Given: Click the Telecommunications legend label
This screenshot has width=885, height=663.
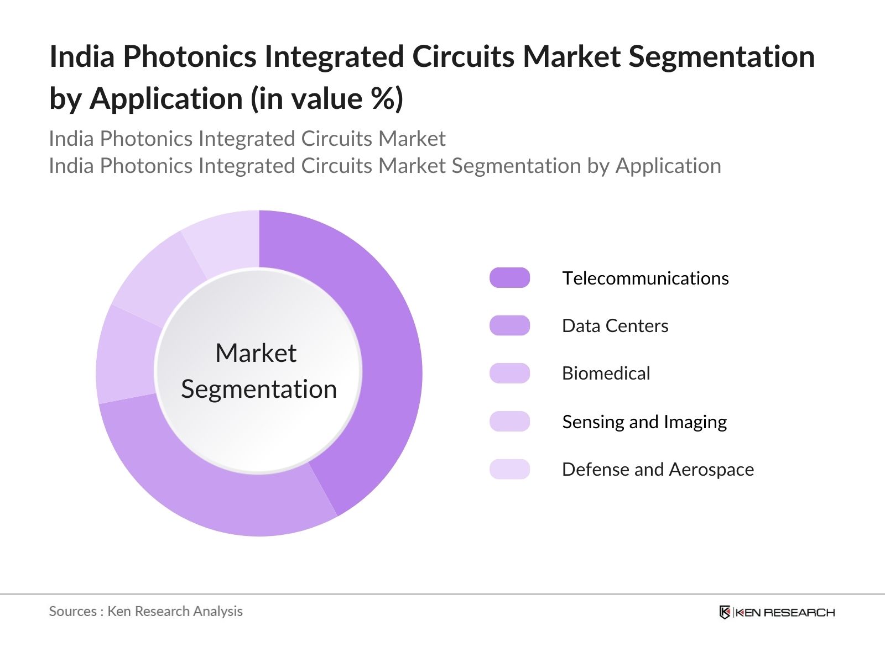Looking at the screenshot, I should [x=645, y=278].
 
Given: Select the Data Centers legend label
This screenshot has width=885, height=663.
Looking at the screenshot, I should [x=615, y=326].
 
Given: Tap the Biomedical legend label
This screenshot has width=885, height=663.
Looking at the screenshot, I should [x=606, y=373].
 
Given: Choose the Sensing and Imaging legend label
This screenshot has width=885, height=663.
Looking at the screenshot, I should [x=644, y=422].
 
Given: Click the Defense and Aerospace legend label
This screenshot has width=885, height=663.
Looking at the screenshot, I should [x=658, y=470].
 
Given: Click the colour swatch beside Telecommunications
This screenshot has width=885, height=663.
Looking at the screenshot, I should [x=509, y=278].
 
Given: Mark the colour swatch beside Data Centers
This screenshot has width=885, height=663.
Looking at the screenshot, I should [x=509, y=326].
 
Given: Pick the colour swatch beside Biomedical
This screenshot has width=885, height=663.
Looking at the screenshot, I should [x=509, y=373].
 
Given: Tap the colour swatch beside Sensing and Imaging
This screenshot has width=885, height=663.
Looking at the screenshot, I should [x=509, y=422].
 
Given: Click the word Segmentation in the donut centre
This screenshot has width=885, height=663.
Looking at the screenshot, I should [x=259, y=390].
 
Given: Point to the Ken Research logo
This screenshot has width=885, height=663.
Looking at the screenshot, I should [x=777, y=612].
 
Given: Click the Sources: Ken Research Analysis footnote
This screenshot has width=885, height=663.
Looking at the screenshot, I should [x=145, y=611].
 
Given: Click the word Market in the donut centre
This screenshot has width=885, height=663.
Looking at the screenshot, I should [x=256, y=353].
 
